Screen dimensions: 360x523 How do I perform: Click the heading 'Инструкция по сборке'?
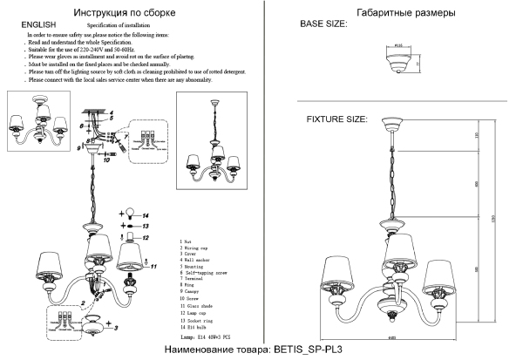(129, 13)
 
